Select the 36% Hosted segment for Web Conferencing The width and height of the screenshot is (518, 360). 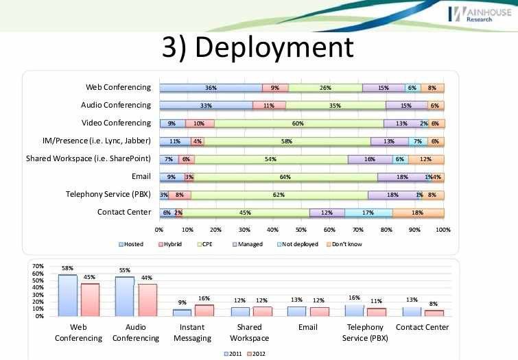211,88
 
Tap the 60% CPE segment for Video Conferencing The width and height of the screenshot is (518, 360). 298,123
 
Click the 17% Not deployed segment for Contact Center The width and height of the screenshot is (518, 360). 368,213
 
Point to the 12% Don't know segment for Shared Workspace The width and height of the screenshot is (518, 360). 426,159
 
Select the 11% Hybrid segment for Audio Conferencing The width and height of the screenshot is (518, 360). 269,106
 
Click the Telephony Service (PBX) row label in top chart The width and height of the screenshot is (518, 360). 108,194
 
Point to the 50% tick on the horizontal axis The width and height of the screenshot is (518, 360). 301,230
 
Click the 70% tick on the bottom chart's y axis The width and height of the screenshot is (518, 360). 38,265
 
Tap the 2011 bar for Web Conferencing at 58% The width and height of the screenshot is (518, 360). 67,295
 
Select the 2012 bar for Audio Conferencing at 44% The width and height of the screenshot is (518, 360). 148,300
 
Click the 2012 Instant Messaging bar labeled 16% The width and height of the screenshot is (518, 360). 204,310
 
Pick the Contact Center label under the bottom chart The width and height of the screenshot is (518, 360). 423,328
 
